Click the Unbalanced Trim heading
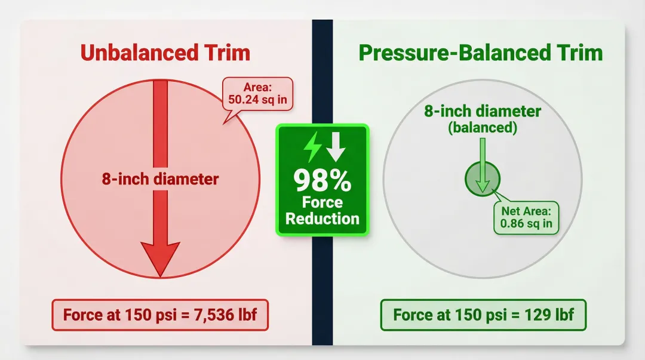click(x=165, y=53)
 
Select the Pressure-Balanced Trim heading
click(x=480, y=53)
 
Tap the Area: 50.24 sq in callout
click(x=259, y=94)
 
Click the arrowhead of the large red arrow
click(x=159, y=257)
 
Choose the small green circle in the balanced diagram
click(x=483, y=179)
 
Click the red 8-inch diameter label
click(x=160, y=179)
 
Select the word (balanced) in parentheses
click(x=483, y=127)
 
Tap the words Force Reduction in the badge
click(x=322, y=211)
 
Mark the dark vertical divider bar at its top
click(x=322, y=27)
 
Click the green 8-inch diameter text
click(x=483, y=112)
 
